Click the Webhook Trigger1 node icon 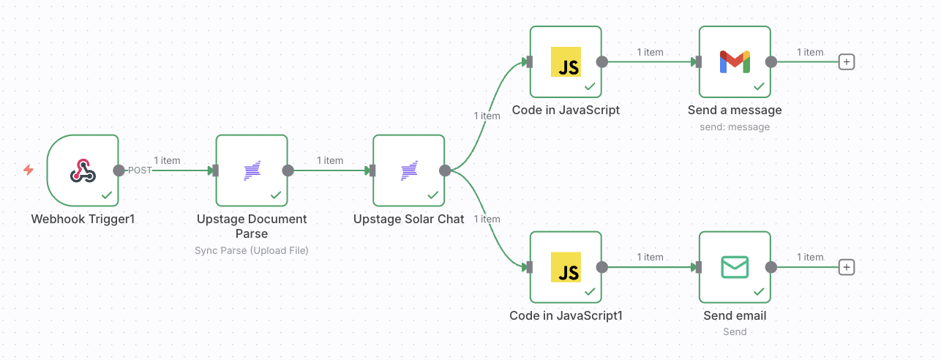[82, 170]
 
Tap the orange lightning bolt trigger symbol [29, 170]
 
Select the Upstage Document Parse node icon [252, 170]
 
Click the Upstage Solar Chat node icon [408, 170]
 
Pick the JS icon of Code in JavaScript [566, 62]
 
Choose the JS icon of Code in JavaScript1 [566, 267]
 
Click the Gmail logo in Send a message [735, 62]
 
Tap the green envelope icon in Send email [735, 267]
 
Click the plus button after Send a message [847, 62]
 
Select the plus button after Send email [847, 267]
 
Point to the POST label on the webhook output [140, 170]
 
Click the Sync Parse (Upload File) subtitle [252, 250]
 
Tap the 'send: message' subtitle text [735, 127]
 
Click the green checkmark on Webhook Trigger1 [107, 195]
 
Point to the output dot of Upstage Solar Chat [445, 170]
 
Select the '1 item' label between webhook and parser [167, 160]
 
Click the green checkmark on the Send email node [759, 291]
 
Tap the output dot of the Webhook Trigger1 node [119, 170]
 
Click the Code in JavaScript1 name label [566, 315]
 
